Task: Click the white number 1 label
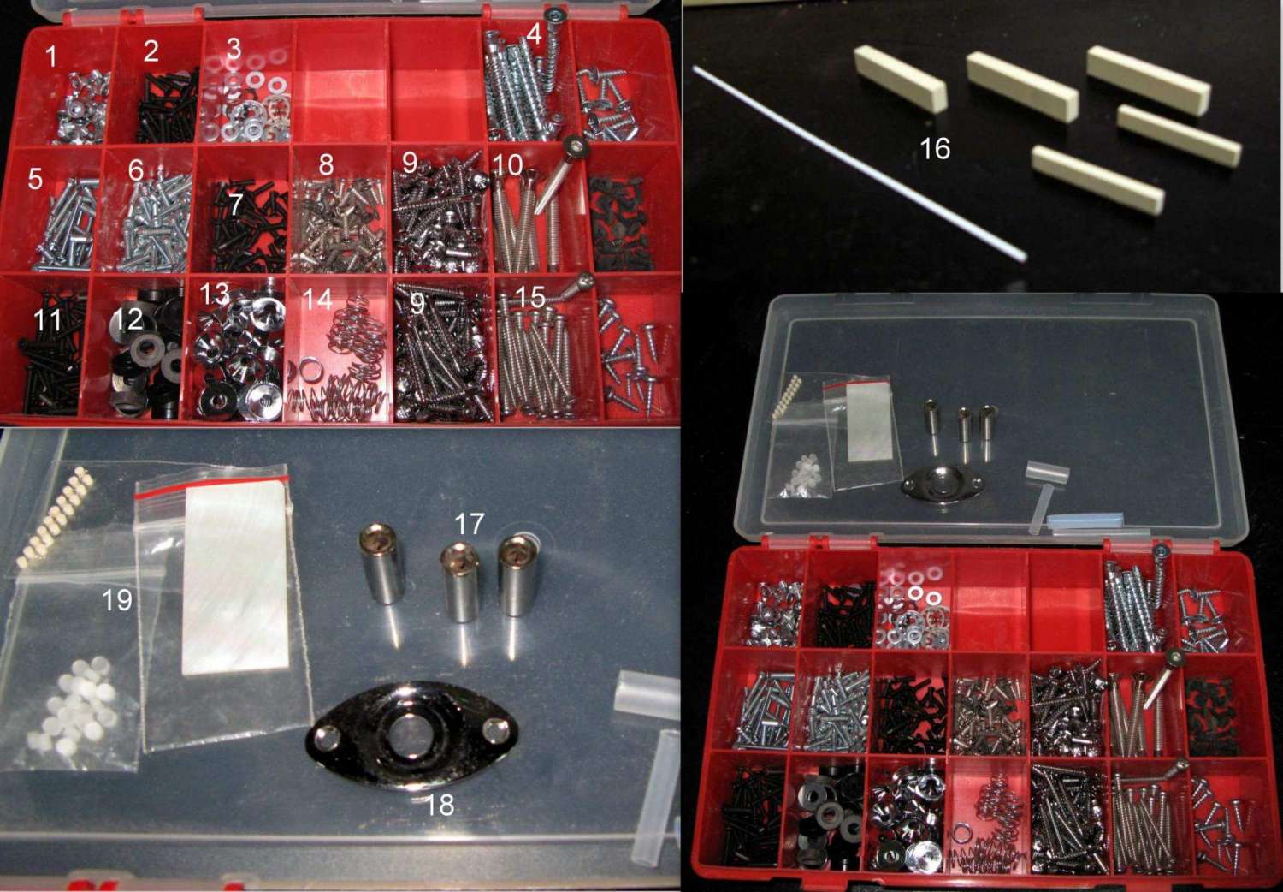click(51, 56)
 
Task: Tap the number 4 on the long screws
click(534, 34)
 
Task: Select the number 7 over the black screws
click(235, 204)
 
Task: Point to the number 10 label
click(507, 165)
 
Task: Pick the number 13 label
click(214, 294)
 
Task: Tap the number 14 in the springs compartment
click(317, 300)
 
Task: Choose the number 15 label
click(529, 296)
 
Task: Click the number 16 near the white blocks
click(935, 148)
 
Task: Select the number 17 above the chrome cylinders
click(469, 523)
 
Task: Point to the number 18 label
click(440, 805)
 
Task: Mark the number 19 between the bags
click(117, 599)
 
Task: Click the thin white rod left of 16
click(858, 164)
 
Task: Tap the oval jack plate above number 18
click(412, 733)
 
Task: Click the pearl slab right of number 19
click(236, 579)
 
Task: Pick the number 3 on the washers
click(234, 50)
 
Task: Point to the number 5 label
click(35, 179)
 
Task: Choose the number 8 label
click(326, 164)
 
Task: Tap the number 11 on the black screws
click(48, 320)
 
